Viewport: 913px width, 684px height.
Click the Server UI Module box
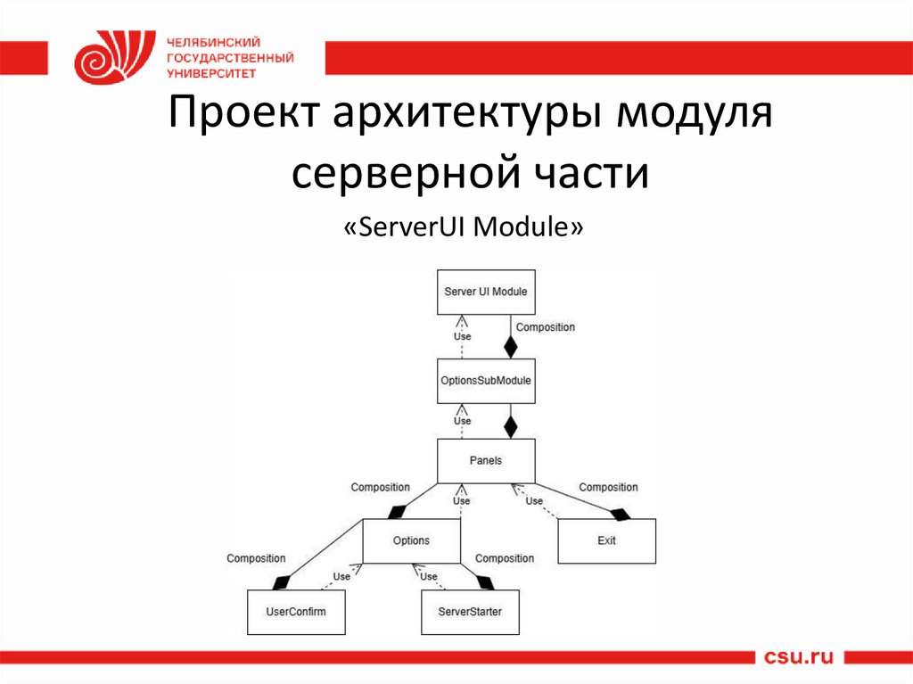tap(486, 292)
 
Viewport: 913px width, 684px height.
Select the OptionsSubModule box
tap(486, 381)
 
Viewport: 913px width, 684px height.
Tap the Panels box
tap(486, 461)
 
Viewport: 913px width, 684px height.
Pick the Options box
tap(411, 540)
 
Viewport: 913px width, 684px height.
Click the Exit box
tap(606, 540)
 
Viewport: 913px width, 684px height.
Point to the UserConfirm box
tap(296, 612)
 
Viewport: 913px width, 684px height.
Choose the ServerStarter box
tap(470, 612)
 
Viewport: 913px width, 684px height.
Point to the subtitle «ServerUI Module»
tap(464, 227)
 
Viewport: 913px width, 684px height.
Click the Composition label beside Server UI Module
tap(546, 327)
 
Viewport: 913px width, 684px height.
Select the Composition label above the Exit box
tap(608, 487)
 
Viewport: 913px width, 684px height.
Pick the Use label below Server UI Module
tap(462, 336)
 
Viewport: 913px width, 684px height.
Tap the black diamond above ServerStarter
tap(484, 583)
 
